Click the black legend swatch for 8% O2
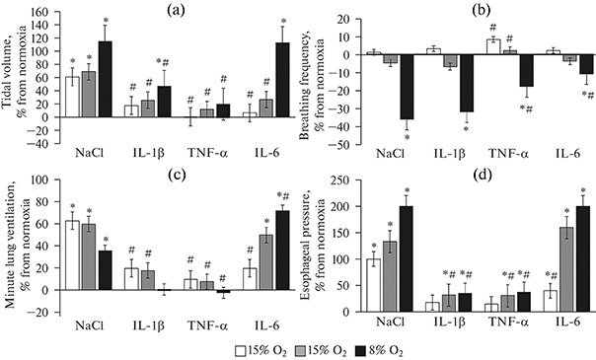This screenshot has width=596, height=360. [395, 349]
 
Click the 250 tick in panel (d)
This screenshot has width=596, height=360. [339, 181]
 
